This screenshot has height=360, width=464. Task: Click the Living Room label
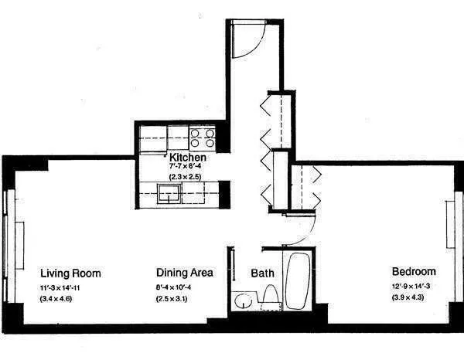[70, 273]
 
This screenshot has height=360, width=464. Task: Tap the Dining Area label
[184, 273]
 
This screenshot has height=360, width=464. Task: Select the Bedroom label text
[414, 272]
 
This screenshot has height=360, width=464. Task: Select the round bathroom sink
[244, 299]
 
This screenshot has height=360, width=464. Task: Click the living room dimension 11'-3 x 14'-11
[70, 288]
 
